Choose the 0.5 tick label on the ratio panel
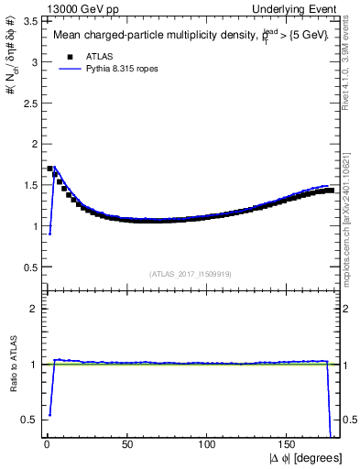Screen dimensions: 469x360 [29, 420]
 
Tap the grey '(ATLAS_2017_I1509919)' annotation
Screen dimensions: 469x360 [191, 273]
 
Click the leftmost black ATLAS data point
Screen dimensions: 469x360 [49, 169]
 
